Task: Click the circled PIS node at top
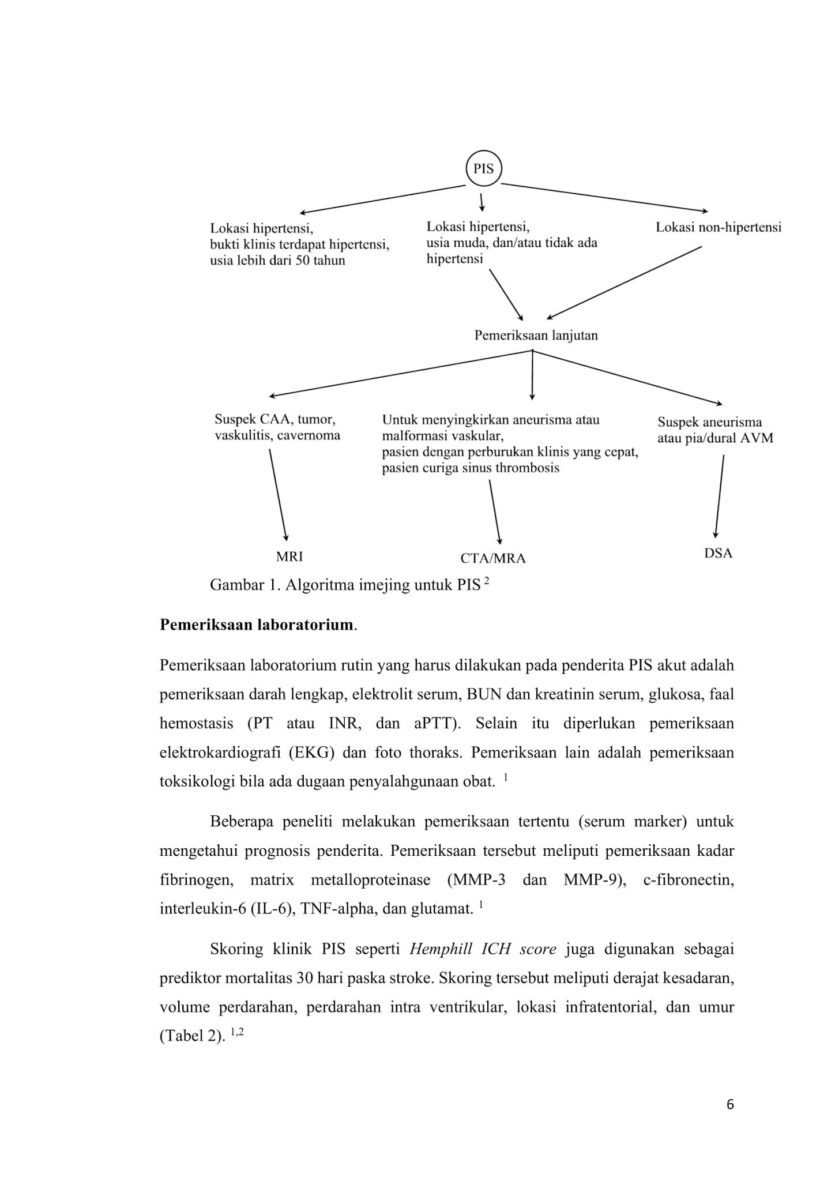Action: click(x=484, y=169)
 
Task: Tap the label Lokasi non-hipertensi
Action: click(x=718, y=227)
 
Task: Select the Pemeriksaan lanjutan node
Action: click(x=536, y=336)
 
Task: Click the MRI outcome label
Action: click(x=289, y=556)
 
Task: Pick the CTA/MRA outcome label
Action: click(x=493, y=558)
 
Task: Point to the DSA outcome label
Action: click(x=718, y=554)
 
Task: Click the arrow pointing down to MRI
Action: click(x=278, y=495)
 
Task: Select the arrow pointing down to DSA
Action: click(x=719, y=496)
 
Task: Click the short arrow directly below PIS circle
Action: click(x=482, y=202)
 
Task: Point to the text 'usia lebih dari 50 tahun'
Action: click(x=277, y=261)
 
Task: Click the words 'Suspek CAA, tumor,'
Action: click(x=274, y=419)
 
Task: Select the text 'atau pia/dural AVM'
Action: click(x=715, y=438)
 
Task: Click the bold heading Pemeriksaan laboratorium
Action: click(x=256, y=625)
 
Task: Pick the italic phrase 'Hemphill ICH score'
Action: click(x=483, y=949)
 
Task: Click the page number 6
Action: click(x=730, y=1105)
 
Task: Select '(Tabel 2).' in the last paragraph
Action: click(x=191, y=1036)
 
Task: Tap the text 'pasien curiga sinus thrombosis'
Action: click(x=470, y=468)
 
